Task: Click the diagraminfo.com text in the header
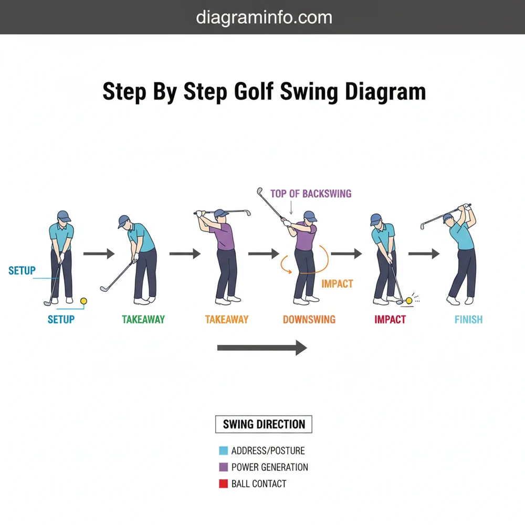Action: coord(264,17)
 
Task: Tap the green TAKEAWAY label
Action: coord(143,319)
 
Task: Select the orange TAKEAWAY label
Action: coord(227,319)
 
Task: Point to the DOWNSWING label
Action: coord(309,319)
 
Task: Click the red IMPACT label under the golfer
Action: coord(390,319)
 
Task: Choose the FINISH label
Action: coord(468,319)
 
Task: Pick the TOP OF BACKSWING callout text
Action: coord(311,194)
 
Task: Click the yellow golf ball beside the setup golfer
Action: coord(82,300)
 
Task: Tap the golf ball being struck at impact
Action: coord(409,300)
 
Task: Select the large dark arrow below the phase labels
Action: coord(262,348)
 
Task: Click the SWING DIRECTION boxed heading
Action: coord(264,424)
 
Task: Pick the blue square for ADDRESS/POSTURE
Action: coord(223,450)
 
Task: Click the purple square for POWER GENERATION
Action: coord(223,467)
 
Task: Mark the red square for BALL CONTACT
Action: coord(223,484)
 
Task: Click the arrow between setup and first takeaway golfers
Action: coord(99,254)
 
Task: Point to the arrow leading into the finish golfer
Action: coord(424,254)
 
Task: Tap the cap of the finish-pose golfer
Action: coord(448,217)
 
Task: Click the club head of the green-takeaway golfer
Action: coord(104,288)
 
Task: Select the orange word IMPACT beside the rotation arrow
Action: coord(337,284)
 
